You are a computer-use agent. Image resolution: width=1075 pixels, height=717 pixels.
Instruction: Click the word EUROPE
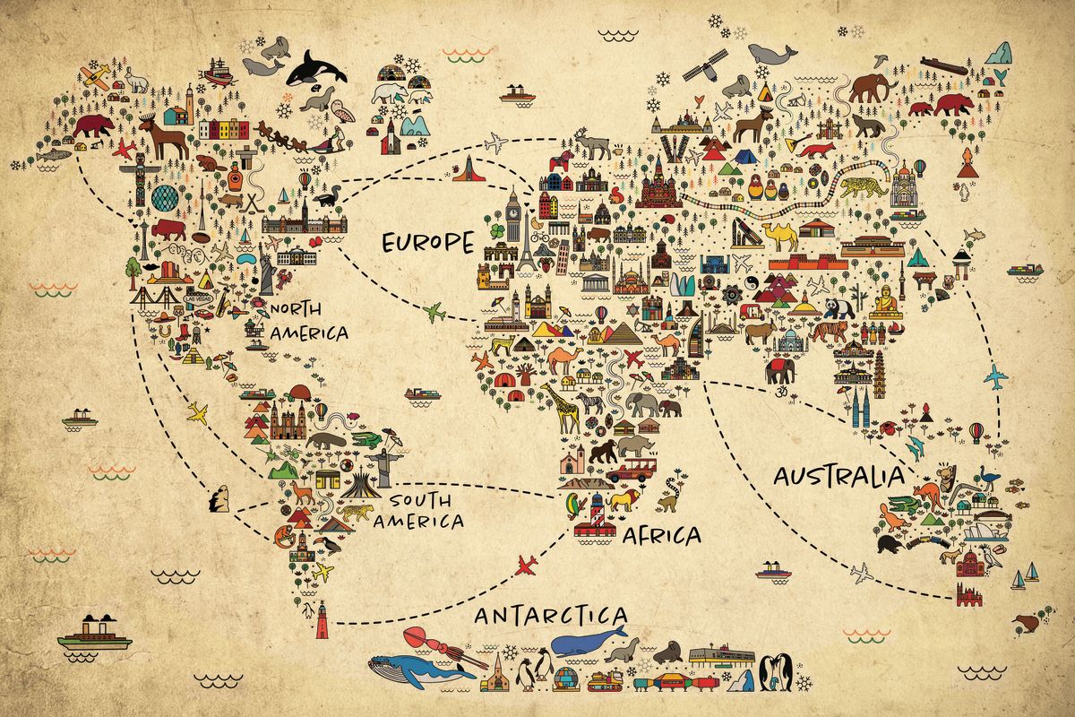coord(426,243)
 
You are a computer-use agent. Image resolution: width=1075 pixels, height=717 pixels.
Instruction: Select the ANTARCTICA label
coord(550,617)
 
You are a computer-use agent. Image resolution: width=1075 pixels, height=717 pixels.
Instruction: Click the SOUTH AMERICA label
coord(419,512)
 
